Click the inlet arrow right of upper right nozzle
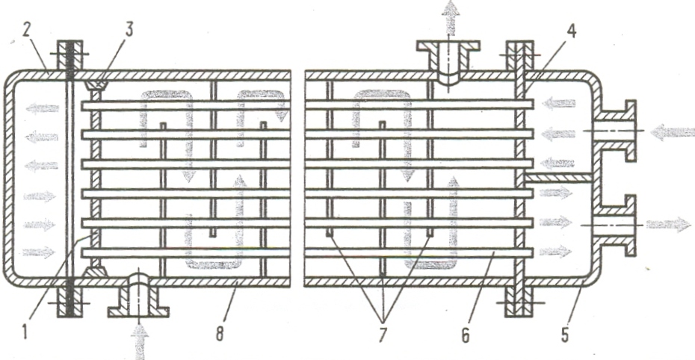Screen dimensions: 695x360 pos(670,133)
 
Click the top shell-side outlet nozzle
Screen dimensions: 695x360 pos(450,60)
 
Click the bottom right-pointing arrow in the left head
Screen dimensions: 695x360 pos(38,252)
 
